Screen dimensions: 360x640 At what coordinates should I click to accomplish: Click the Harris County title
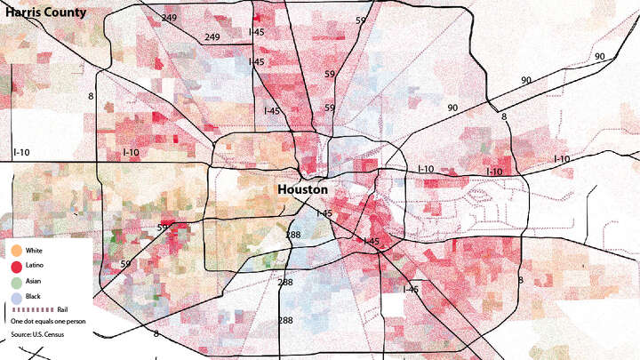tap(44, 12)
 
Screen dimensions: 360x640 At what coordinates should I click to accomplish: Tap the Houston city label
tap(302, 190)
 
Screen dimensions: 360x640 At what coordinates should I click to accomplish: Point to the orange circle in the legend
tap(17, 251)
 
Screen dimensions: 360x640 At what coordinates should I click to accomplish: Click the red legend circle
tap(17, 266)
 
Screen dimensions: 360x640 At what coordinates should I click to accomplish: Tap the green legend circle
tap(17, 281)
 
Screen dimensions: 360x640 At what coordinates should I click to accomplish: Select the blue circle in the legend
tap(17, 296)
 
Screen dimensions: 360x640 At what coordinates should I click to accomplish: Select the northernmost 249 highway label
tap(169, 18)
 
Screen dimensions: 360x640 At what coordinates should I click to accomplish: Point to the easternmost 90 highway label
tap(599, 57)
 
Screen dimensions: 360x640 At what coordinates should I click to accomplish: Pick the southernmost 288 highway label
tap(285, 320)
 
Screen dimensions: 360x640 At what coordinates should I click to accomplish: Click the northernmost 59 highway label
tap(360, 20)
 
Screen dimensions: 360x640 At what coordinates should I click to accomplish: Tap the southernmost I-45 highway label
tap(411, 289)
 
